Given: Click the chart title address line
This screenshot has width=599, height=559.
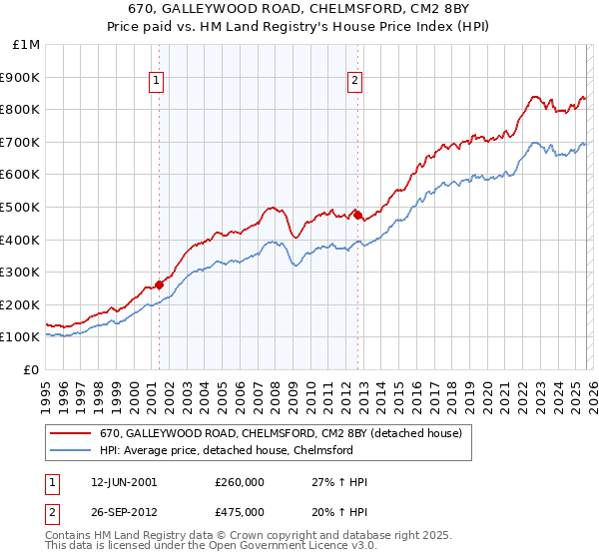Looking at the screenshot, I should (x=299, y=8).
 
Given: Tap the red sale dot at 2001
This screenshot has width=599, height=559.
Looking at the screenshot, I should (x=159, y=284).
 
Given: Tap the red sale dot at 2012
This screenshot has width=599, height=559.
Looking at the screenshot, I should (x=357, y=215).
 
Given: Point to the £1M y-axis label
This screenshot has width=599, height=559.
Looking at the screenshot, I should (x=27, y=44).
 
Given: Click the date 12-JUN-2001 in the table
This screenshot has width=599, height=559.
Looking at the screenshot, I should (x=123, y=482).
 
